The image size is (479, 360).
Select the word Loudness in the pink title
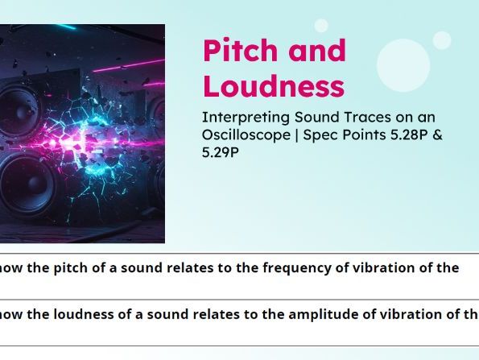pyautogui.click(x=273, y=86)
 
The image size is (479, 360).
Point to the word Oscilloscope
pyautogui.click(x=245, y=134)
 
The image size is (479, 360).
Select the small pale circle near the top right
pyautogui.click(x=441, y=40)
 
